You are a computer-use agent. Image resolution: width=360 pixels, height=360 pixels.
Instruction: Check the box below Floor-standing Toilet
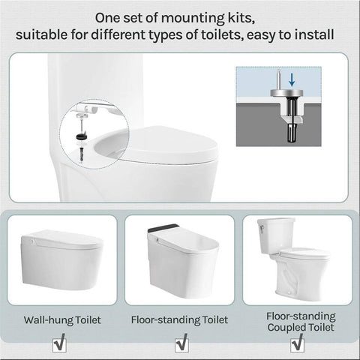179,343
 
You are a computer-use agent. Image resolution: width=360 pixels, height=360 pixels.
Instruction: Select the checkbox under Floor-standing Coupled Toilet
299,343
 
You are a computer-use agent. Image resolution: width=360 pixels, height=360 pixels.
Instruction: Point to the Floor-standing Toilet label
179,320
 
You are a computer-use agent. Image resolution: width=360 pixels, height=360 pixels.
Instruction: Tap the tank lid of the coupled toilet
277,222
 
